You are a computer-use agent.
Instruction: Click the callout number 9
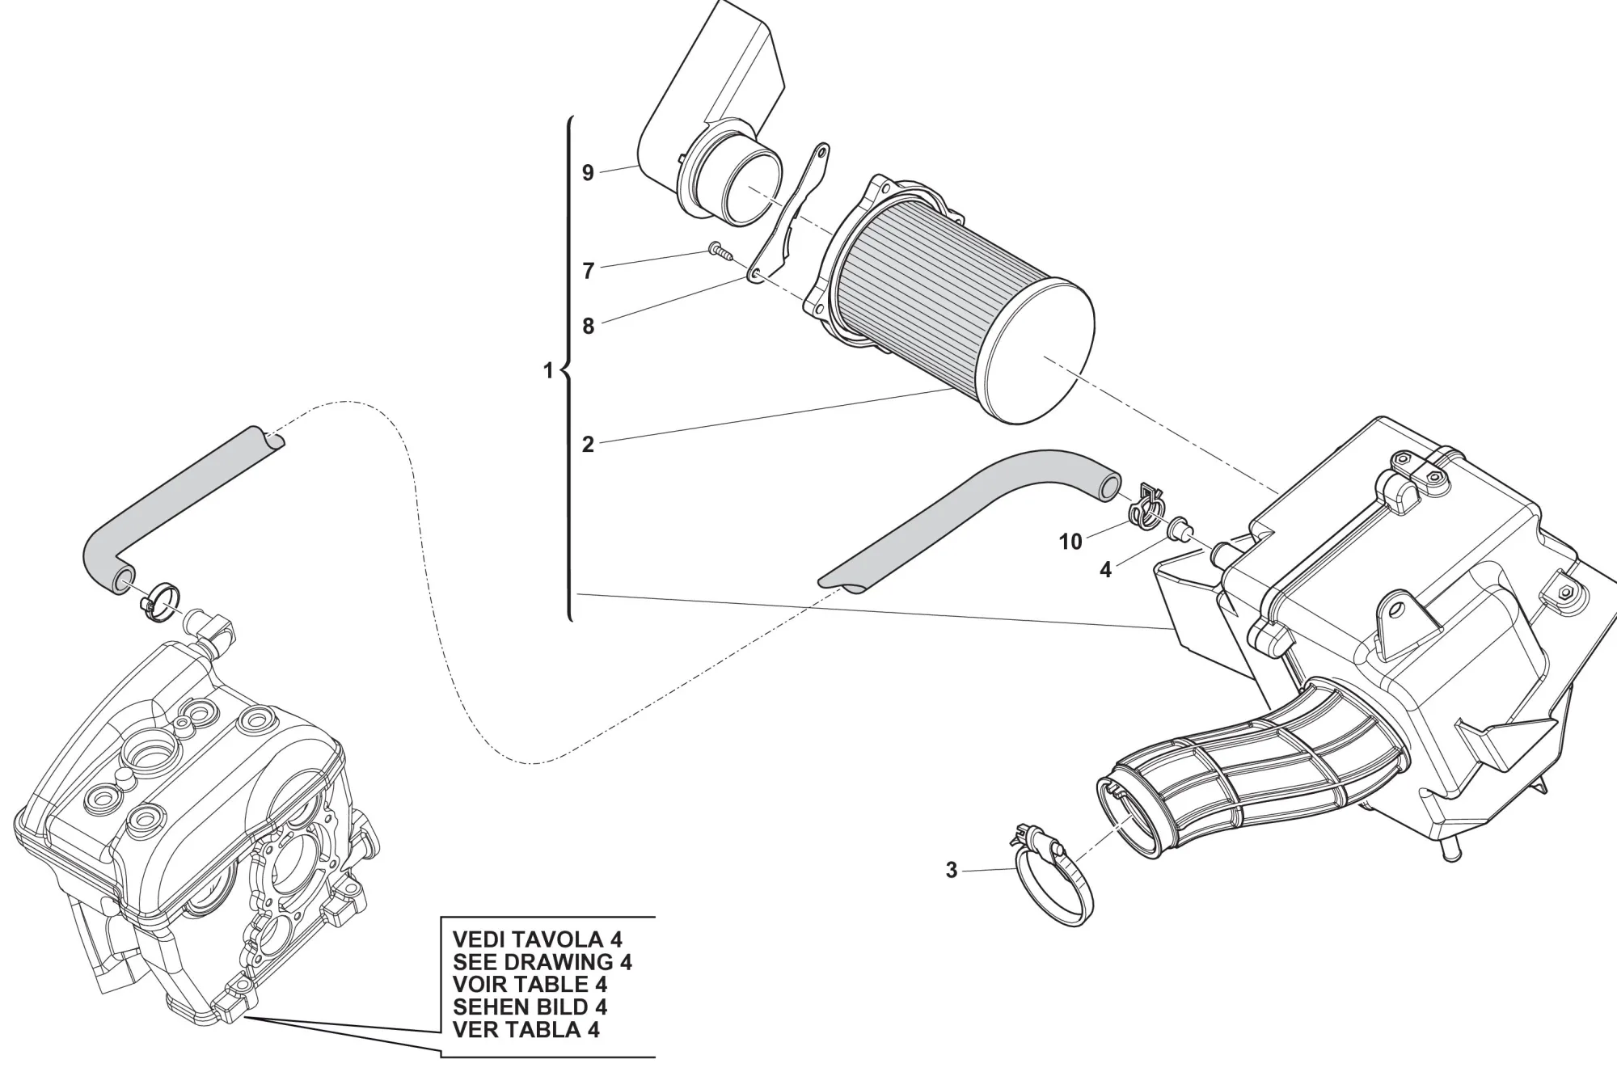[x=588, y=172]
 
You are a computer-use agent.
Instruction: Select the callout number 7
[x=588, y=271]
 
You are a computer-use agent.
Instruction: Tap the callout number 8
[x=588, y=326]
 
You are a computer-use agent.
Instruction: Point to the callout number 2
[x=588, y=444]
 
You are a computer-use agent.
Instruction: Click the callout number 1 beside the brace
[x=548, y=371]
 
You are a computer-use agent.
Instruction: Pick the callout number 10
[x=1070, y=542]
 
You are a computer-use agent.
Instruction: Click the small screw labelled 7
[x=719, y=250]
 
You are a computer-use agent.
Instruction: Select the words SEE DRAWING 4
[x=542, y=962]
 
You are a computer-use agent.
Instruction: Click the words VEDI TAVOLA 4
[x=537, y=939]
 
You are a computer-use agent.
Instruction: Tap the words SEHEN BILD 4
[x=530, y=1007]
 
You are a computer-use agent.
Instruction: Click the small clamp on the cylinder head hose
[x=162, y=601]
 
